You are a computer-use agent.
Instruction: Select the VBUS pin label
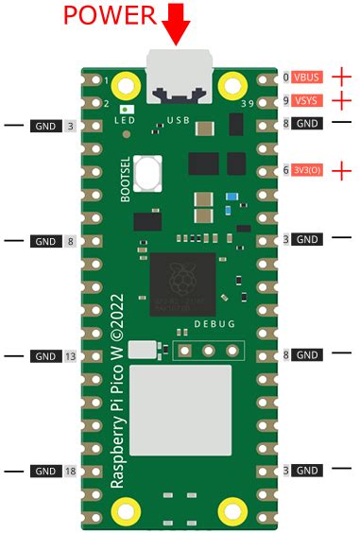click(x=306, y=77)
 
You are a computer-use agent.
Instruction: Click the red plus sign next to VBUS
click(x=340, y=77)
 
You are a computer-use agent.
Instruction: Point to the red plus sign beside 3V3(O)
click(x=340, y=170)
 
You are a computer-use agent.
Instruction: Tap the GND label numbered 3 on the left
click(x=46, y=124)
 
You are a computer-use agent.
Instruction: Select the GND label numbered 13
click(x=46, y=355)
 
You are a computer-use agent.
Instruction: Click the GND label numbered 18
click(x=46, y=470)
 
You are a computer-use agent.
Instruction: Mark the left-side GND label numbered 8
click(x=46, y=241)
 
